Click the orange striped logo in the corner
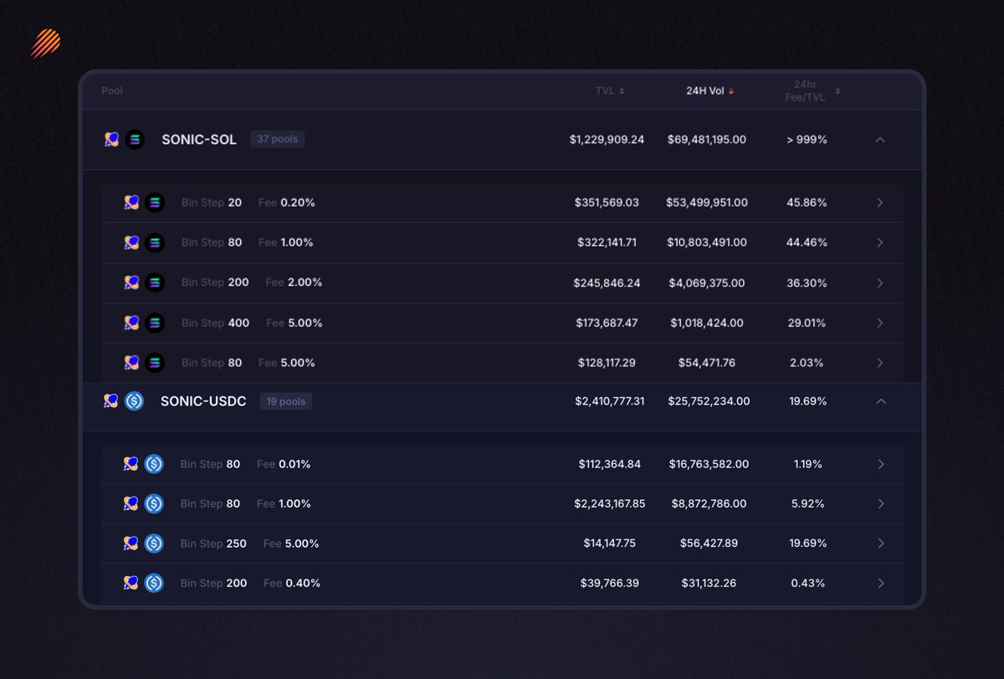(45, 43)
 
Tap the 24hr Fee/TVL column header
(809, 90)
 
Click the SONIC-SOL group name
(199, 140)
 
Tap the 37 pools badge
(277, 140)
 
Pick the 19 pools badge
(285, 401)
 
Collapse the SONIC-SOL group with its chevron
(879, 140)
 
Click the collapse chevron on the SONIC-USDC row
(880, 401)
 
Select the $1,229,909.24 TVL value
(607, 140)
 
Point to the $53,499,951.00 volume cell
(707, 202)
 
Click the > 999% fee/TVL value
(807, 140)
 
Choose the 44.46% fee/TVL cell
(807, 242)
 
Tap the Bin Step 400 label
(215, 323)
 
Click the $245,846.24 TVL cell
(607, 283)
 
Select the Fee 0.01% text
(284, 464)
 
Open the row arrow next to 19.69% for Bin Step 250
(880, 544)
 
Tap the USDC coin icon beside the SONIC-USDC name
(134, 401)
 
